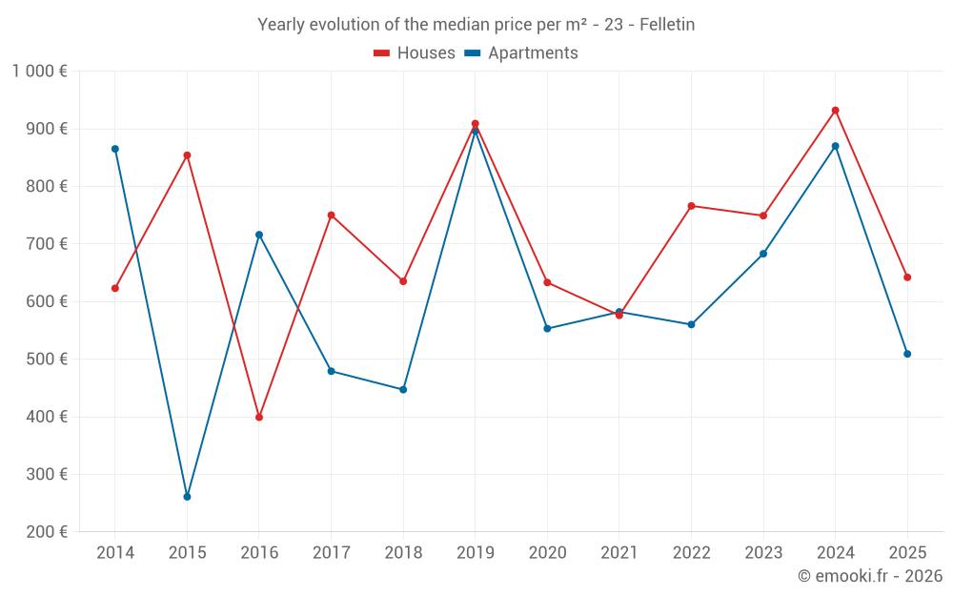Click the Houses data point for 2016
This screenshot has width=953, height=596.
coord(259,418)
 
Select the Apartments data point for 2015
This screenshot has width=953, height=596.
coord(187,497)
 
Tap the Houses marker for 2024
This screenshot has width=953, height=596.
coord(836,111)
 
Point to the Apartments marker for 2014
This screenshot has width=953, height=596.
coord(115,149)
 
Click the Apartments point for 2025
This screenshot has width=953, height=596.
coord(907,354)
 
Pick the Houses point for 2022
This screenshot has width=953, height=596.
coord(692,206)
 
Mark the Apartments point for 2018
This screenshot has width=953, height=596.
coord(403,389)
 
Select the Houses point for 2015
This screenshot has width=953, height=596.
coord(187,155)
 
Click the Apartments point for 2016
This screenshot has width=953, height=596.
coord(259,235)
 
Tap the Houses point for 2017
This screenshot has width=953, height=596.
coord(331,216)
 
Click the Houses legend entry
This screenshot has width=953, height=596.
coord(415,53)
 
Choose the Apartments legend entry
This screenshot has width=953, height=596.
coord(521,53)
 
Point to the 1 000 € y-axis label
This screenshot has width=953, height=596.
coord(39,72)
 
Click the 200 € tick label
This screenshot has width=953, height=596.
coord(46,532)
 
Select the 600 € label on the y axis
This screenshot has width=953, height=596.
coord(46,301)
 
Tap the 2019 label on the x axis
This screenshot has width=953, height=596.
coord(476,553)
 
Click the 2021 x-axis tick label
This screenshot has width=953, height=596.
coord(619,553)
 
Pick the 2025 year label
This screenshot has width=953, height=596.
coord(907,553)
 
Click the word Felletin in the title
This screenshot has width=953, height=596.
coord(667,25)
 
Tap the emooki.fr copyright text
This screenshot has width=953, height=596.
coord(869,576)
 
